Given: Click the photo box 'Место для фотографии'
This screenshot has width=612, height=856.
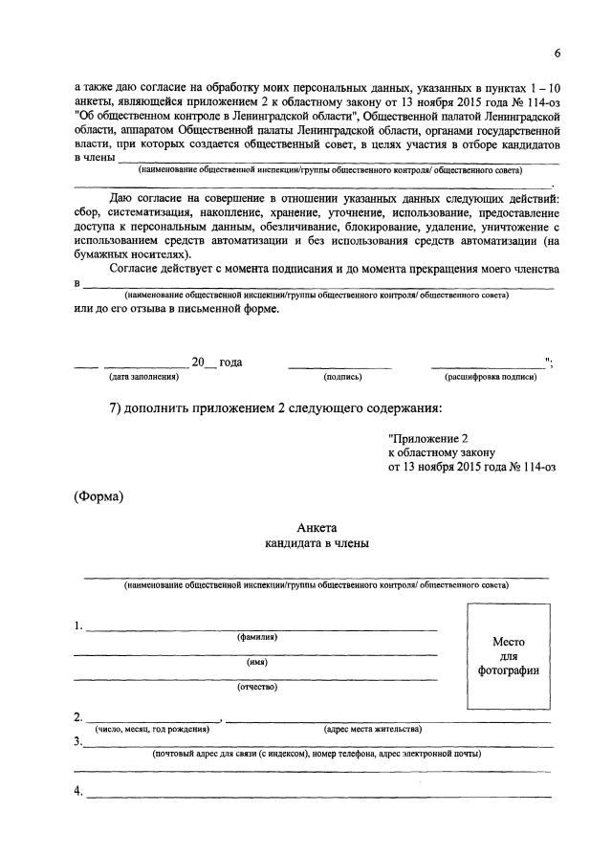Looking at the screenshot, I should tap(508, 656).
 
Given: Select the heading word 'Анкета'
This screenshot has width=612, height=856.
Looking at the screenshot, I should tap(317, 528).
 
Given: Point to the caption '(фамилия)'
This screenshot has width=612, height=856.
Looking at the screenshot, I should tap(257, 637).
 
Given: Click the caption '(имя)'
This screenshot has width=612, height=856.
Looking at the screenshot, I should tap(256, 662).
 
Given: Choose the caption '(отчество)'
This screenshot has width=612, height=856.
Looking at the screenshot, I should tap(256, 687).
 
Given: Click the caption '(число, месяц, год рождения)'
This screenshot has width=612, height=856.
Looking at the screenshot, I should tap(151, 729).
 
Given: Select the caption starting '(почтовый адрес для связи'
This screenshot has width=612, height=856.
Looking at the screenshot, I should tap(317, 754).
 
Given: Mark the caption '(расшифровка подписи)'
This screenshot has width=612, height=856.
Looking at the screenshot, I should tap(491, 377).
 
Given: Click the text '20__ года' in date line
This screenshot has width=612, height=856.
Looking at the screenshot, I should tap(216, 362).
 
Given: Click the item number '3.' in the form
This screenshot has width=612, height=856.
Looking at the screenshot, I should tap(78, 742).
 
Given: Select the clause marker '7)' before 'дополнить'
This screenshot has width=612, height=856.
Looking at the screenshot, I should tap(117, 409).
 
